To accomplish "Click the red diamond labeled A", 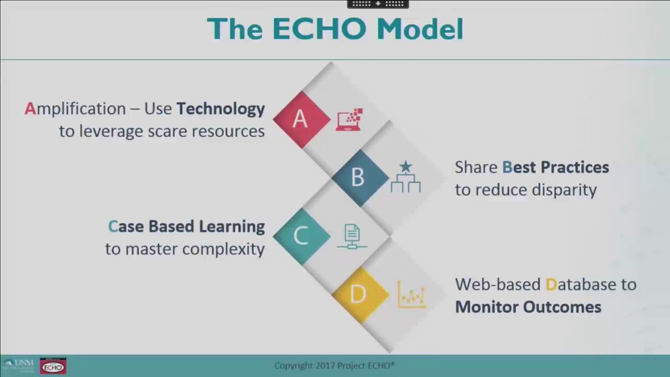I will [300, 119].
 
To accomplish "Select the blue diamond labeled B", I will [359, 178].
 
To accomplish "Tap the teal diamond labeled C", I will [300, 236].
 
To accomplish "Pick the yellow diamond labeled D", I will [359, 294].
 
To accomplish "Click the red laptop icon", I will [349, 120].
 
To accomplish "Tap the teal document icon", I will [352, 236].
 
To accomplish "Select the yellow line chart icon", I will [411, 295].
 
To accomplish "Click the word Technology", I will [220, 109].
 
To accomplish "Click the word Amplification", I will [75, 109].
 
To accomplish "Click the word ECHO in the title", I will [319, 29].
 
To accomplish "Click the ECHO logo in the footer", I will [53, 366].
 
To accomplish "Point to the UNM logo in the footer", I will [18, 365].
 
